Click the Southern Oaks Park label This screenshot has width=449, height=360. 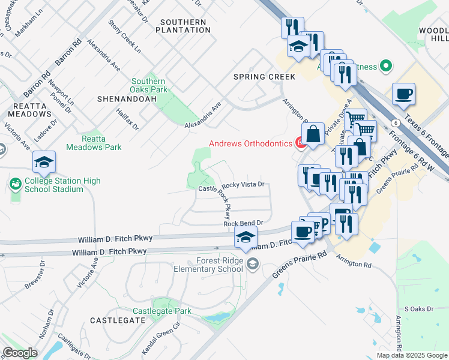148,86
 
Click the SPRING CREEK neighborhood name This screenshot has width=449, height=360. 264,77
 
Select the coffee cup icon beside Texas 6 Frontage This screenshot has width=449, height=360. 403,94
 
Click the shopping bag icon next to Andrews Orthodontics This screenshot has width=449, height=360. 314,134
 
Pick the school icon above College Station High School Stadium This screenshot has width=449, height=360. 44,162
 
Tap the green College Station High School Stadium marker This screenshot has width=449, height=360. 15,182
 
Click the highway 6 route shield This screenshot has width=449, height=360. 396,122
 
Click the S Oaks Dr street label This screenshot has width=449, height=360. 418,308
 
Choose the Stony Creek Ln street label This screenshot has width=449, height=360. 124,36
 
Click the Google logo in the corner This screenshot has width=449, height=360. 20,353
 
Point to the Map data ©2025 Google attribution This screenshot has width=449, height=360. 411,355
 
